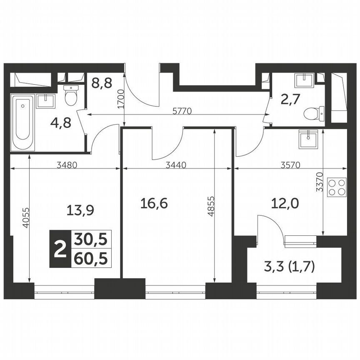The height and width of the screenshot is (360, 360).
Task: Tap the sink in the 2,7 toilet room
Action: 305,79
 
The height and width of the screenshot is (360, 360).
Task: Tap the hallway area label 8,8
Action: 101,83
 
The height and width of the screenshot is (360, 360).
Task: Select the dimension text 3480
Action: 67,165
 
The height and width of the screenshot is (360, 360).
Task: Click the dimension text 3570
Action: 290,165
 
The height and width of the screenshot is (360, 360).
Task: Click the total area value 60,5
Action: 90,259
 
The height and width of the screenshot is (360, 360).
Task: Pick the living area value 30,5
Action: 90,240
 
